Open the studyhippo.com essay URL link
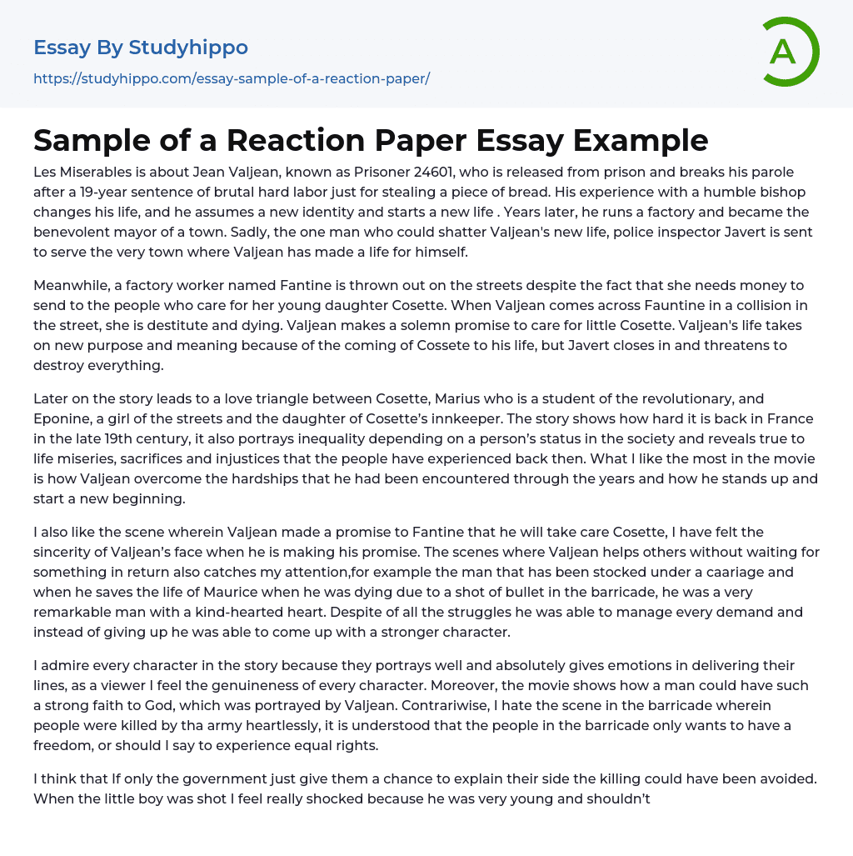click(232, 79)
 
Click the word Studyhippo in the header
click(189, 48)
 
